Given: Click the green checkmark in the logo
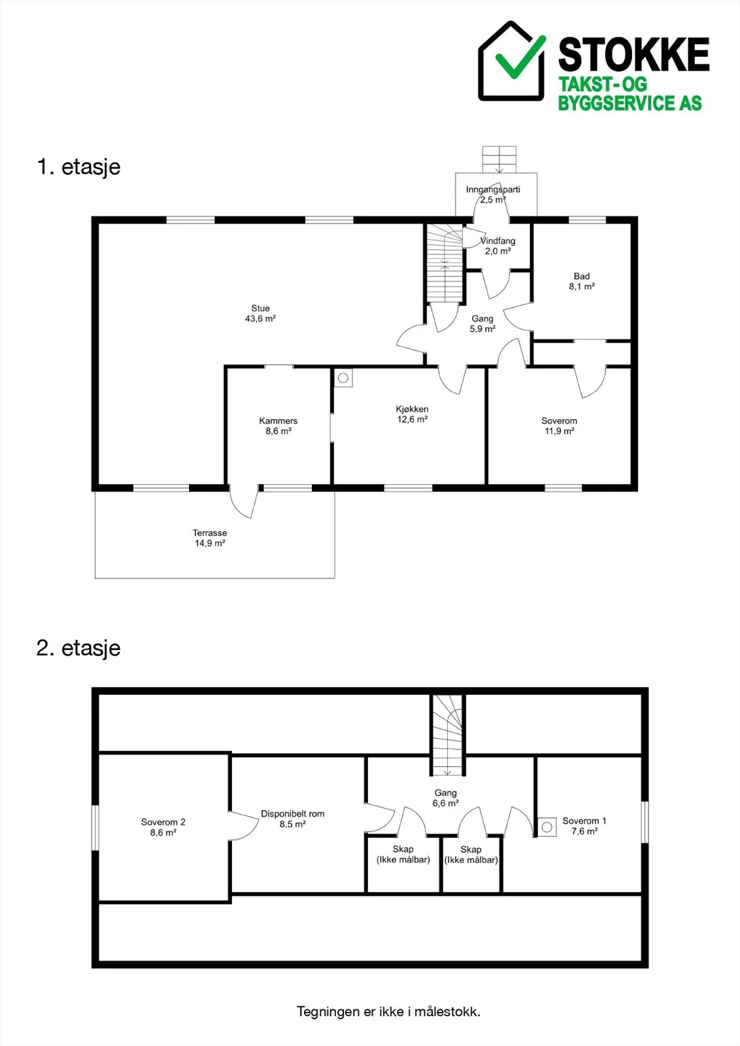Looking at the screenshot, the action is tap(520, 58).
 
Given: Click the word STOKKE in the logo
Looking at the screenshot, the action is tap(633, 55).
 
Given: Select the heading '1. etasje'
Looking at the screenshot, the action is tap(78, 167).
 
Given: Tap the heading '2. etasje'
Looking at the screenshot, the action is tap(78, 648).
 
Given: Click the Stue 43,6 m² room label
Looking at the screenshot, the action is tap(261, 313).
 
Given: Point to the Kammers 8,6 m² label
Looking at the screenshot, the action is tap(278, 426).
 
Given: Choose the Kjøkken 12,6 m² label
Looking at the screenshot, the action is tap(412, 414).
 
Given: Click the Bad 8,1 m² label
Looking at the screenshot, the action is tap(582, 281).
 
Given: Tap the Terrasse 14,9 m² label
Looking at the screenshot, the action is tap(210, 537).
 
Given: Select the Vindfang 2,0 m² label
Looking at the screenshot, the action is tap(497, 246).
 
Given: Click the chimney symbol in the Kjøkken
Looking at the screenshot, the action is tap(343, 379).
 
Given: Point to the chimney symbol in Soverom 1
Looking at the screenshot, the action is tap(547, 828).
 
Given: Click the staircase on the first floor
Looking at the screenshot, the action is tap(445, 263).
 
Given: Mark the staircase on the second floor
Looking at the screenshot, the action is tap(447, 736).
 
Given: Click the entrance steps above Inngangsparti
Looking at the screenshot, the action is tap(499, 160).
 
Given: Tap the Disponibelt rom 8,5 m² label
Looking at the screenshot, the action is tap(293, 818).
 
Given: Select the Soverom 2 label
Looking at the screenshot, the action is tap(163, 822).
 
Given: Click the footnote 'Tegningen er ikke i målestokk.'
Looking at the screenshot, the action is tap(388, 1012).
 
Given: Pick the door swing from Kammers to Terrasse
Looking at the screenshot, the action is tap(244, 501).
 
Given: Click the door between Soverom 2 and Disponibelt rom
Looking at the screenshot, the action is tap(244, 826).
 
